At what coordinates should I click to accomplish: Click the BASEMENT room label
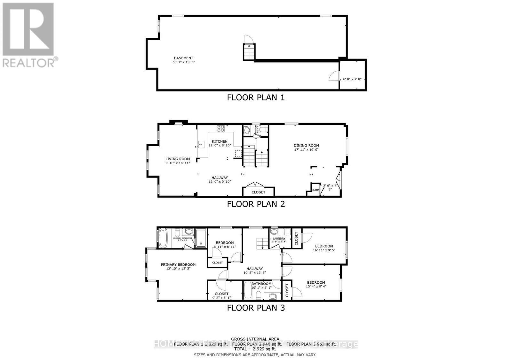coord(183,58)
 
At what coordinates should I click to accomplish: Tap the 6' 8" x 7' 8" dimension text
coord(352,79)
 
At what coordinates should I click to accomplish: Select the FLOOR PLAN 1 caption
coord(256,97)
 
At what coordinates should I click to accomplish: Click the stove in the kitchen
coord(220,129)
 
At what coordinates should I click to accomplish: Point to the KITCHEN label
coord(220,141)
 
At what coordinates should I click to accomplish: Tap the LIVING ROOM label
coord(178,159)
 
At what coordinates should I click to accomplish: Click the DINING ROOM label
coord(307,146)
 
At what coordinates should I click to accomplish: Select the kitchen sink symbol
coord(201,145)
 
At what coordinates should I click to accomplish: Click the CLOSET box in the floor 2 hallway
coord(258,192)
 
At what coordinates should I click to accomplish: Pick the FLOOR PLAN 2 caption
coord(256,204)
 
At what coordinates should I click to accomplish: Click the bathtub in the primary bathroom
coord(163,238)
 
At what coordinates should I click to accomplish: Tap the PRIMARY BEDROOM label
coord(178,264)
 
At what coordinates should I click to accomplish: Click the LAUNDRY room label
coord(279,239)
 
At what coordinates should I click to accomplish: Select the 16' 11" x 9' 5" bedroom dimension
coord(324,250)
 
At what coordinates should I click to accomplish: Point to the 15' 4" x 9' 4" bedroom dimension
coord(316,287)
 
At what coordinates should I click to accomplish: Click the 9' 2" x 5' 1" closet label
coord(222,298)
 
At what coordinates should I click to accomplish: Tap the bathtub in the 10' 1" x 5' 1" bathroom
coord(248,290)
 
